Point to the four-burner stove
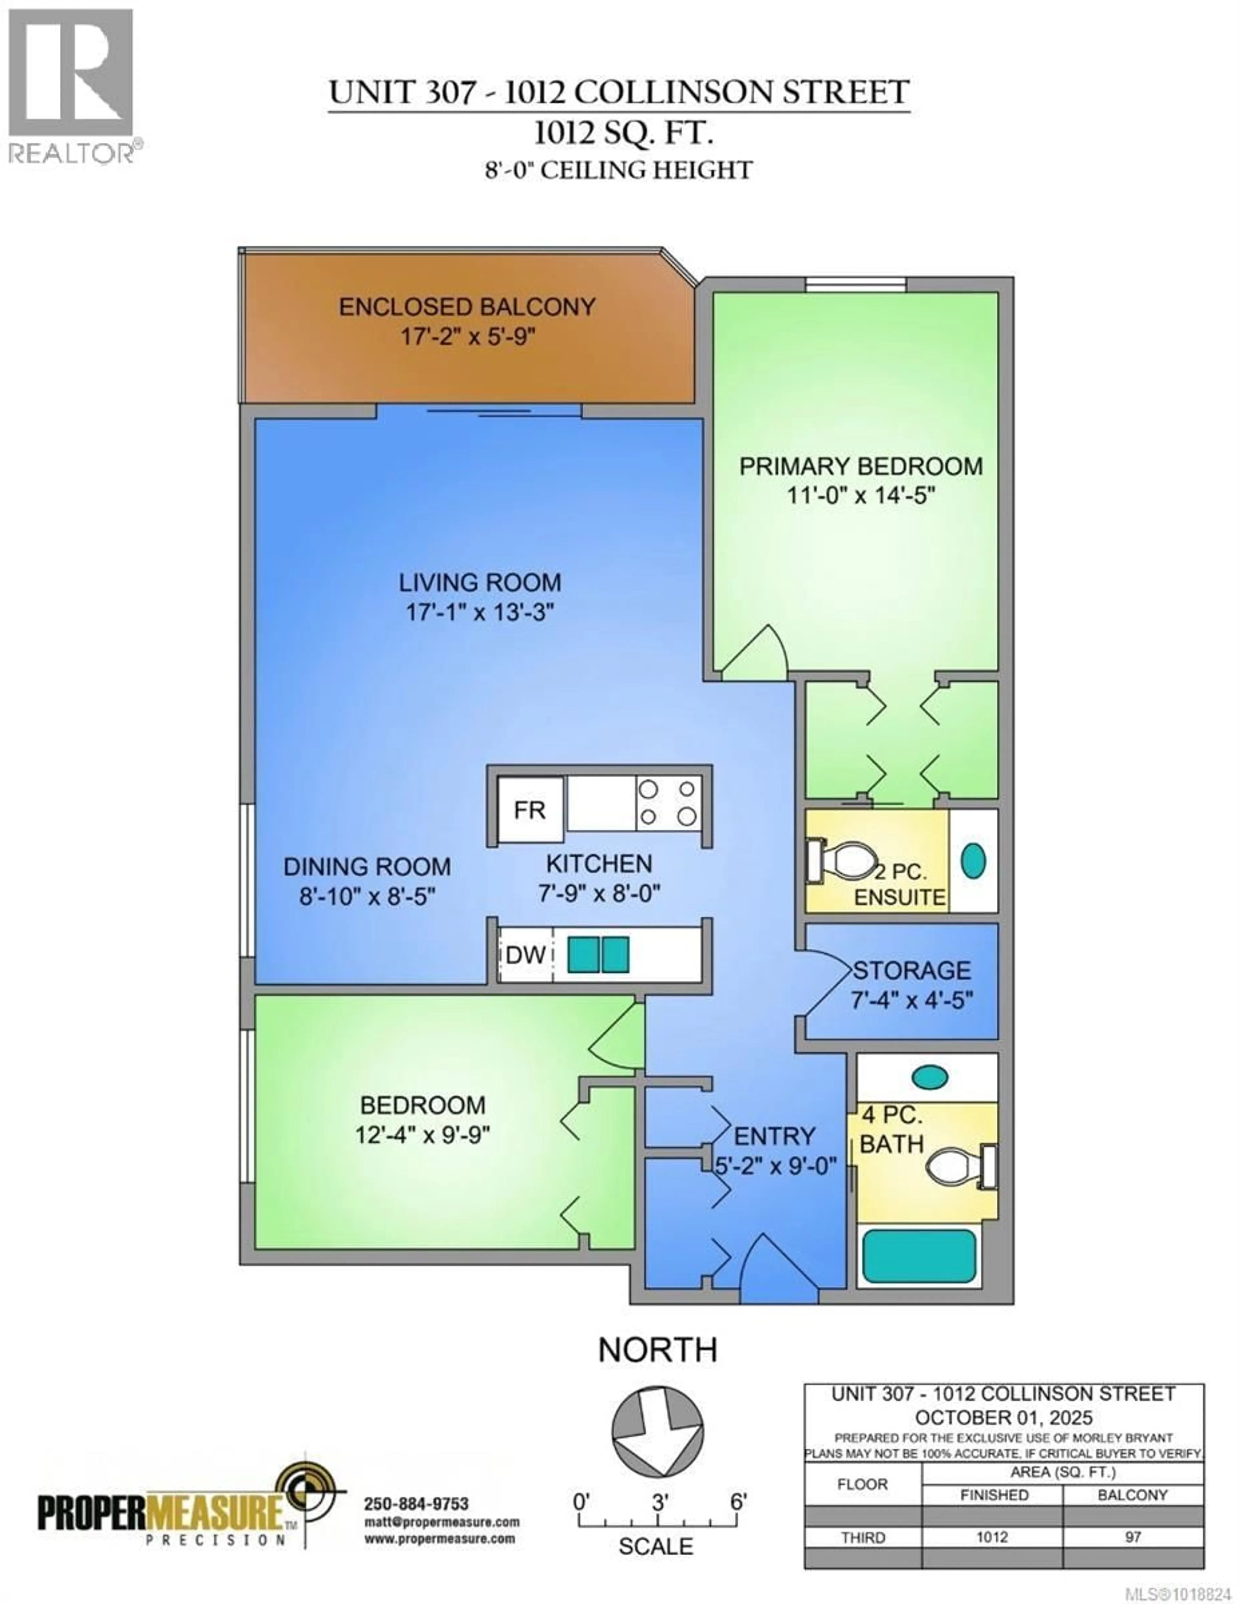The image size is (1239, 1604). pos(668,803)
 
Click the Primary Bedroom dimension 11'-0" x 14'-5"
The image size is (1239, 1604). pos(860,496)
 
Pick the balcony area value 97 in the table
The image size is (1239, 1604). pos(1133,1537)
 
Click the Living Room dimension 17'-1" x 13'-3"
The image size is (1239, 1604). pos(479,612)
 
